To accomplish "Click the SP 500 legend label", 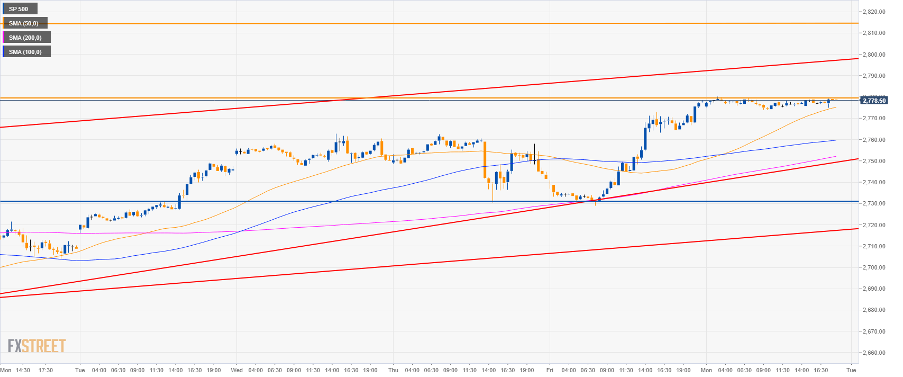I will tap(19, 9).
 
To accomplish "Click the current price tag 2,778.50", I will tap(873, 101).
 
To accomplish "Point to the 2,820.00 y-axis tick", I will tap(873, 12).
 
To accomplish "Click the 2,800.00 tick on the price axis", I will tap(873, 55).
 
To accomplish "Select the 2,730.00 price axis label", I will tap(873, 204).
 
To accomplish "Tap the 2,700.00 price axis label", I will tap(873, 267).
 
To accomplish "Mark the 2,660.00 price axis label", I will tap(873, 353).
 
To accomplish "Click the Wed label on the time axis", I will tap(236, 370).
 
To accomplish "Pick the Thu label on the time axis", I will tap(393, 370).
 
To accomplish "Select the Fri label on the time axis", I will tap(550, 370).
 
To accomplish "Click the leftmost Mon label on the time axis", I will tap(6, 370).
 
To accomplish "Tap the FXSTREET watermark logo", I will tap(37, 346).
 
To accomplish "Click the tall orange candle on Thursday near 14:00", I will tap(485, 159).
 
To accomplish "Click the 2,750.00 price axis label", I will tap(873, 161).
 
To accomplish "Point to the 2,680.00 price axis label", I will tap(873, 310).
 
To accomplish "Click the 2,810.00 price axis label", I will tap(873, 33).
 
